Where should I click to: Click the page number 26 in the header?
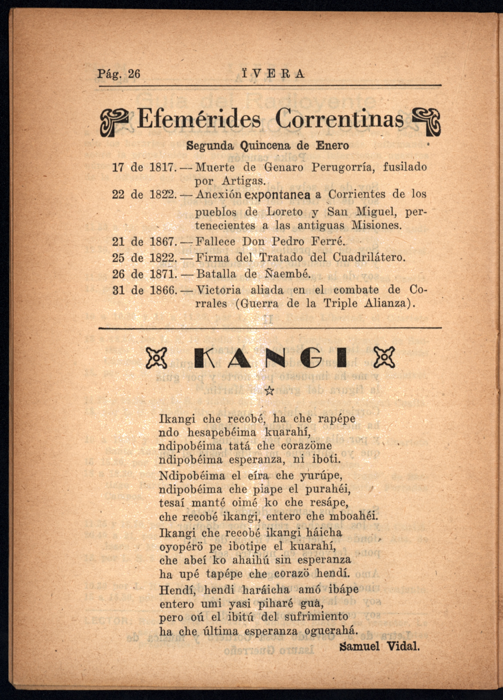click(134, 74)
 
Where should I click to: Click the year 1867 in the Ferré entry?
click(162, 241)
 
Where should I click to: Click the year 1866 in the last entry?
click(162, 290)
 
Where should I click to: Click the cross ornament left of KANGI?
click(156, 357)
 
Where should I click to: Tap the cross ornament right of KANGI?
click(384, 357)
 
